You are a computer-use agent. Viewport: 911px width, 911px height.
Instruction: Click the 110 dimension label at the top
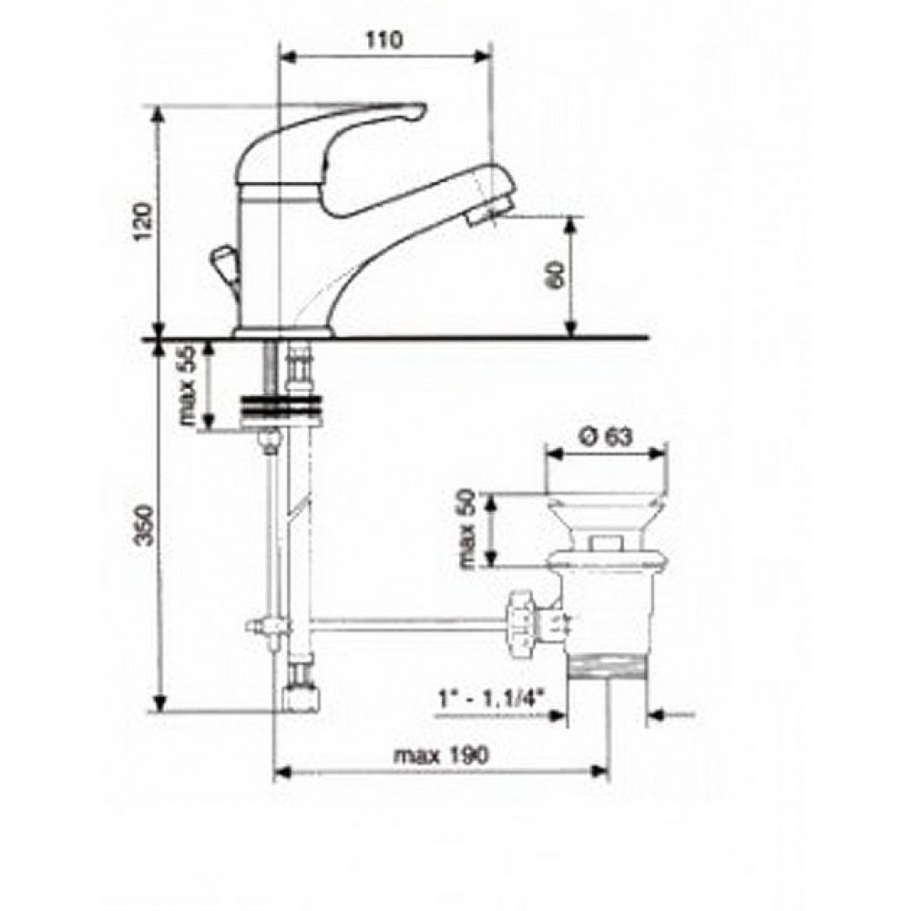(x=384, y=40)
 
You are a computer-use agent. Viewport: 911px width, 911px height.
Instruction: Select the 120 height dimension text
(x=143, y=221)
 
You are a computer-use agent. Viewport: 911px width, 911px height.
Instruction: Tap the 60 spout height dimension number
(x=555, y=274)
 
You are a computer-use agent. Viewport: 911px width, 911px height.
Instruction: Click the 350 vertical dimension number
(x=143, y=526)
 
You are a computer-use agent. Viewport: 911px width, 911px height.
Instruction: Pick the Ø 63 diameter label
(x=607, y=435)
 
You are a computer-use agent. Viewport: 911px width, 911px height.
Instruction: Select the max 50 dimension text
(x=467, y=528)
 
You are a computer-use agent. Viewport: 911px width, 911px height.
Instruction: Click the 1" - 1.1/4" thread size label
(x=492, y=695)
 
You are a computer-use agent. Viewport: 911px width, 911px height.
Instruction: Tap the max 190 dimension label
(x=442, y=754)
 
